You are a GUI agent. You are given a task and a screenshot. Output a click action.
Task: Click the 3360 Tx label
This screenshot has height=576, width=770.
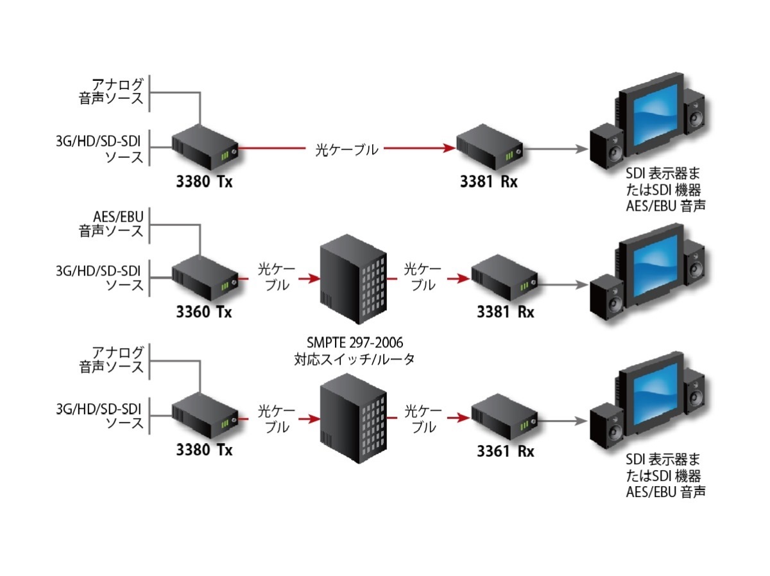pyautogui.click(x=204, y=313)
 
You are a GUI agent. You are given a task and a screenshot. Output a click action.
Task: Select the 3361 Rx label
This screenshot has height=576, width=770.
pyautogui.click(x=506, y=451)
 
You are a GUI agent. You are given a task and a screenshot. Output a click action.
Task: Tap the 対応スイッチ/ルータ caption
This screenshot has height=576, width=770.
pyautogui.click(x=354, y=359)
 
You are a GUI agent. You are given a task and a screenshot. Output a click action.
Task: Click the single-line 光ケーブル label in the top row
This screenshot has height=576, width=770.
pyautogui.click(x=346, y=150)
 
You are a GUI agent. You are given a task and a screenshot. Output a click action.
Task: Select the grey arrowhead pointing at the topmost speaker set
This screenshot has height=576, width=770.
pyautogui.click(x=582, y=149)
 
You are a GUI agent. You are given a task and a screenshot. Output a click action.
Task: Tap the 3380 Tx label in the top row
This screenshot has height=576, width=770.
pyautogui.click(x=204, y=182)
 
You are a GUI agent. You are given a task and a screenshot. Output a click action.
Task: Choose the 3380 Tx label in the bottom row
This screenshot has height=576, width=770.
pyautogui.click(x=204, y=449)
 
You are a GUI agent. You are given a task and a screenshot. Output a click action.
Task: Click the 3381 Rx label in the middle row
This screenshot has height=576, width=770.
pyautogui.click(x=506, y=313)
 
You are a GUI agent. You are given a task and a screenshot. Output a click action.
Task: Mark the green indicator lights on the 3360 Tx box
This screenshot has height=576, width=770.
pyautogui.click(x=225, y=285)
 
